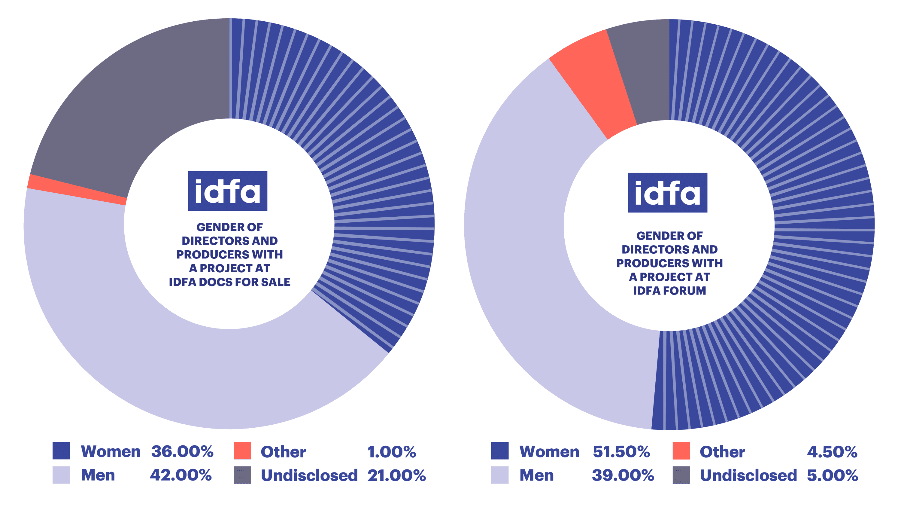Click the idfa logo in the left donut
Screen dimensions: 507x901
click(x=228, y=191)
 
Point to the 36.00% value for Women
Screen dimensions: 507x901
click(x=182, y=451)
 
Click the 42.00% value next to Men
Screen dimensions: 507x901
click(x=181, y=475)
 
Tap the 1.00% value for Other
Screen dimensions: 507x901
click(x=392, y=452)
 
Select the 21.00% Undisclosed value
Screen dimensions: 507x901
click(x=396, y=475)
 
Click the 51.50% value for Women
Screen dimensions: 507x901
click(x=621, y=451)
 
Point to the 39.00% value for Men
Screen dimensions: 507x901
click(x=623, y=475)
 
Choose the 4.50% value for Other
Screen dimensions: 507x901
click(x=832, y=452)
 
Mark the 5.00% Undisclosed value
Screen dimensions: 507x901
click(x=833, y=475)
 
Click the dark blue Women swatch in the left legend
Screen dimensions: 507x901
click(x=61, y=451)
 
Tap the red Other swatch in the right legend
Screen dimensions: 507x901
click(x=681, y=451)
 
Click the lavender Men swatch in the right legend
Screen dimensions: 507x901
click(x=499, y=475)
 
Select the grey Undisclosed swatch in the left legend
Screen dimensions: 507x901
click(x=242, y=475)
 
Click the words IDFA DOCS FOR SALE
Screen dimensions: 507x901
click(x=229, y=282)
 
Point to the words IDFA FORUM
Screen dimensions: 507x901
click(x=669, y=291)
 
